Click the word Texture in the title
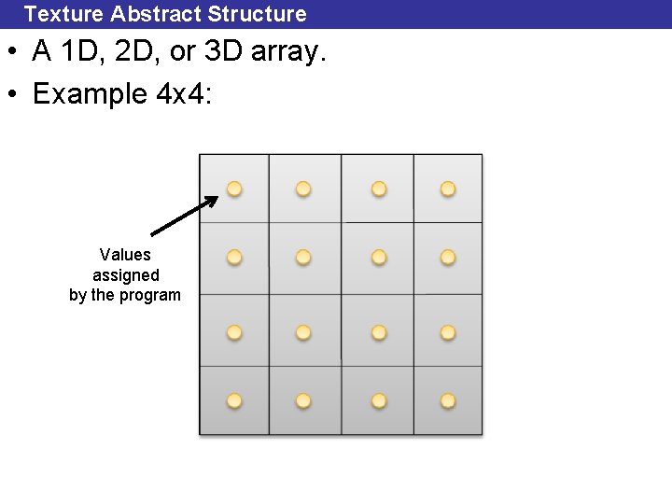(x=63, y=14)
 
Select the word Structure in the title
(x=258, y=14)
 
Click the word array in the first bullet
(x=289, y=54)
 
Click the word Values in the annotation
(x=125, y=254)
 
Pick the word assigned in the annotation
(x=125, y=275)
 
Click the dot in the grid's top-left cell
(x=234, y=189)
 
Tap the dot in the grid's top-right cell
(x=448, y=189)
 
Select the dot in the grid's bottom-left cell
(x=234, y=400)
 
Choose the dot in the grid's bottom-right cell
(x=448, y=400)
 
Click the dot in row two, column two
(x=304, y=257)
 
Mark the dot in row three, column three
(x=379, y=331)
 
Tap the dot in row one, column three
(x=379, y=189)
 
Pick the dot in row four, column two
(x=304, y=400)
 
